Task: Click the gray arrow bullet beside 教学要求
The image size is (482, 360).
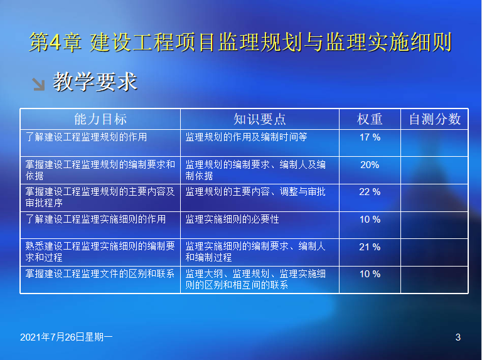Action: click(39, 84)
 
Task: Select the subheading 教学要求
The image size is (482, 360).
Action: click(95, 82)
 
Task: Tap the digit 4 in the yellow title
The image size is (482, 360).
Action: click(55, 42)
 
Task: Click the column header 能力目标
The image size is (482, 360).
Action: click(100, 119)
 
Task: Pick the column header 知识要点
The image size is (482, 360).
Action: click(259, 119)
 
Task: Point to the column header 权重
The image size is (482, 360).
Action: click(370, 119)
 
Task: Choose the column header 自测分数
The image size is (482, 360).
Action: click(435, 119)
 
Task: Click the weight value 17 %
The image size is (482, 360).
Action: click(370, 137)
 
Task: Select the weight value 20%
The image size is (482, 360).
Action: click(370, 165)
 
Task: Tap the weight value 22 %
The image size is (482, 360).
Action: click(370, 192)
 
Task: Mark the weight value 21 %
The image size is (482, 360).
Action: click(370, 246)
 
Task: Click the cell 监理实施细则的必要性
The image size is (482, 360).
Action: click(232, 220)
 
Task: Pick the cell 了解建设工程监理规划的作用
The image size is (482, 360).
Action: click(86, 137)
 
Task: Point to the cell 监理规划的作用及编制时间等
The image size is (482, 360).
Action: click(246, 137)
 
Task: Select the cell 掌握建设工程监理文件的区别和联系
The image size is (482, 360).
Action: click(100, 273)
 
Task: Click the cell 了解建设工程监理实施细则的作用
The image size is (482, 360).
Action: click(95, 220)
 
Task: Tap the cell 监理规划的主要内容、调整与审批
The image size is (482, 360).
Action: click(255, 192)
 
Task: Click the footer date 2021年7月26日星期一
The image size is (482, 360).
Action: click(67, 337)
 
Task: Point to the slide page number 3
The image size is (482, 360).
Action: click(458, 337)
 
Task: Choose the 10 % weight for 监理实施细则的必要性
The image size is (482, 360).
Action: click(370, 220)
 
